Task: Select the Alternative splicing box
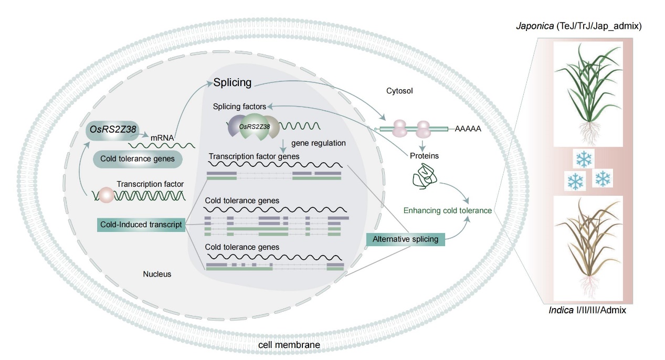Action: point(405,239)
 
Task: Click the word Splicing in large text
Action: point(233,82)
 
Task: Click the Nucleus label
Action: point(157,274)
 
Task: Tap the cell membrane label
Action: point(289,345)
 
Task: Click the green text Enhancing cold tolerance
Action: point(448,211)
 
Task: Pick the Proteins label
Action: point(425,156)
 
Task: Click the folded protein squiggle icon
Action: point(425,177)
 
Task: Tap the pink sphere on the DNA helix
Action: point(107,195)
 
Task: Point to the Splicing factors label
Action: point(239,107)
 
